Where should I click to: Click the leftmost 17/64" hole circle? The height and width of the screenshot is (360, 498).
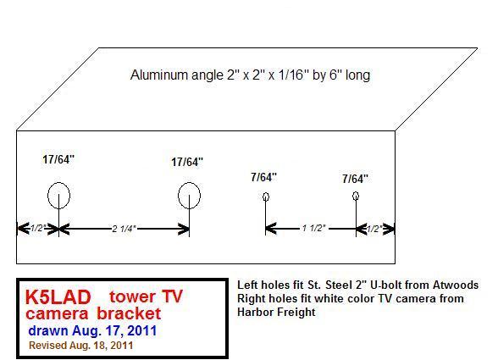[48, 196]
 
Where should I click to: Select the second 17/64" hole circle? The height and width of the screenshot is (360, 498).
[179, 196]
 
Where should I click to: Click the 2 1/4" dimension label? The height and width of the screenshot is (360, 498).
[124, 229]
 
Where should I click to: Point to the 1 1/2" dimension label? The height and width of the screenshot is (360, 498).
[313, 228]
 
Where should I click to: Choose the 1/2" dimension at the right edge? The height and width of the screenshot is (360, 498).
[374, 229]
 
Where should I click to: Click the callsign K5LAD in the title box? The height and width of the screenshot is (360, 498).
[58, 297]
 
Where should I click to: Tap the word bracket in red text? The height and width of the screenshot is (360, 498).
[129, 313]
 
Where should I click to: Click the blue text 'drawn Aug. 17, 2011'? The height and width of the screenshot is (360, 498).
[92, 330]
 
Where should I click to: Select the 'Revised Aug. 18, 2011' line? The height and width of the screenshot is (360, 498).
[81, 346]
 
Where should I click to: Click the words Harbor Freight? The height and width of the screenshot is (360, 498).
[276, 312]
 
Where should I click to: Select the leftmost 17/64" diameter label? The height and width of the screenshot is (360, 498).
[58, 159]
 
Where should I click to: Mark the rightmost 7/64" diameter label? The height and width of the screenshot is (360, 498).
[355, 179]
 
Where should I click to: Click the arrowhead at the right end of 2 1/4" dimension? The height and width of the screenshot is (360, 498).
[185, 229]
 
